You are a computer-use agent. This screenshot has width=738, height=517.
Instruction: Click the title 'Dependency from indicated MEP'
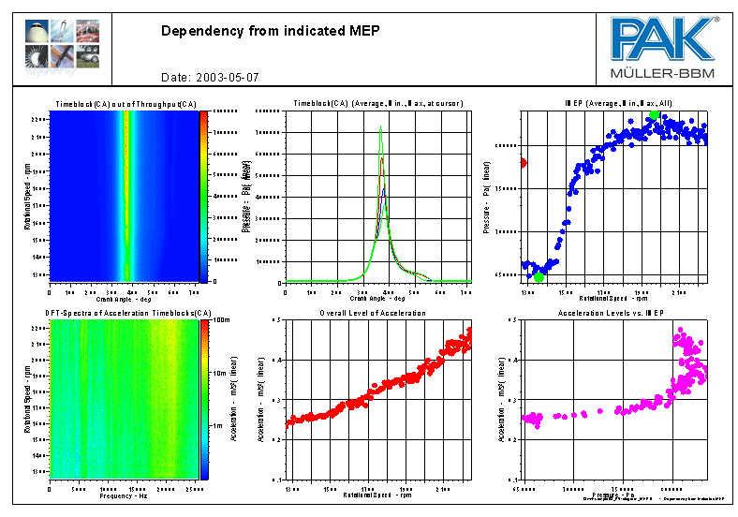click(271, 31)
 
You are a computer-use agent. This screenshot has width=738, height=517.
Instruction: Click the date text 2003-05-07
click(225, 77)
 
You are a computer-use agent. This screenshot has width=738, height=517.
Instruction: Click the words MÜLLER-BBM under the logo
click(664, 72)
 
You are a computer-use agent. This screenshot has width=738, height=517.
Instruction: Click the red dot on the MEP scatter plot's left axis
click(523, 163)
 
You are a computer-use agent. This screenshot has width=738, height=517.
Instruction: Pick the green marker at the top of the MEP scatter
click(655, 115)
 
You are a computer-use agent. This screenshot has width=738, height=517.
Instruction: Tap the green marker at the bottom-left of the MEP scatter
click(539, 277)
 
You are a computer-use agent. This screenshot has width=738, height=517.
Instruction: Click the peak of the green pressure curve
click(381, 126)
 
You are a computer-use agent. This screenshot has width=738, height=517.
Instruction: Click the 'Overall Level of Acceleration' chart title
click(373, 313)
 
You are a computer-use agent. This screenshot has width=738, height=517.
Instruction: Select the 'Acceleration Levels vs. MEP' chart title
click(611, 313)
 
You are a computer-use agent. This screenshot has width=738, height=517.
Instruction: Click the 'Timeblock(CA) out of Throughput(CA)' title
click(125, 103)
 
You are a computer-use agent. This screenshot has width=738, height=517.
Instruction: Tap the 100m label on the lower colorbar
click(221, 320)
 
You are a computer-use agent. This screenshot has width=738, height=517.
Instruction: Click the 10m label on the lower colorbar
click(221, 373)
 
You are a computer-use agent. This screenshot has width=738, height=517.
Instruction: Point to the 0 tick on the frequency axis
click(50, 489)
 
